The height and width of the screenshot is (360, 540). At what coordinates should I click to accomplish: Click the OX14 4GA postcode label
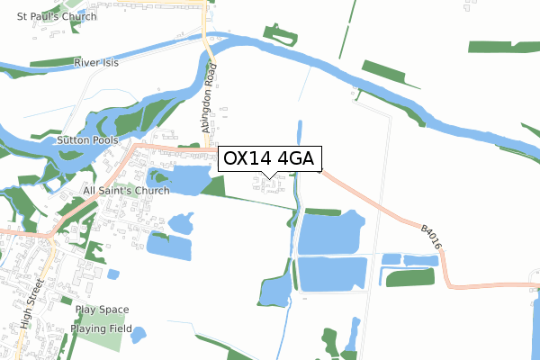[x=268, y=159]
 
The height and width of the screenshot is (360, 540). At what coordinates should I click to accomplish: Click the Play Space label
[x=102, y=310]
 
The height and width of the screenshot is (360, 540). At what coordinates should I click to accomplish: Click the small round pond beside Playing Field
[x=139, y=336]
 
